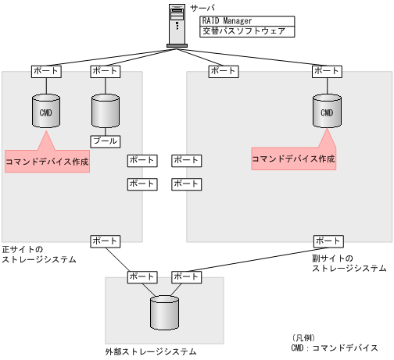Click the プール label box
point(105,141)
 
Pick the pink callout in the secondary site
point(293,157)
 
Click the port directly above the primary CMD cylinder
point(45,71)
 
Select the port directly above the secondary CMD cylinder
point(326,71)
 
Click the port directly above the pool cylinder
point(105,71)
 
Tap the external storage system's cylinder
point(164,312)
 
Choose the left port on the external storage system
point(141,276)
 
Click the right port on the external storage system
point(186,276)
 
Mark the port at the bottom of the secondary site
point(328,241)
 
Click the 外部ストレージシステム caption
point(150,351)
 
